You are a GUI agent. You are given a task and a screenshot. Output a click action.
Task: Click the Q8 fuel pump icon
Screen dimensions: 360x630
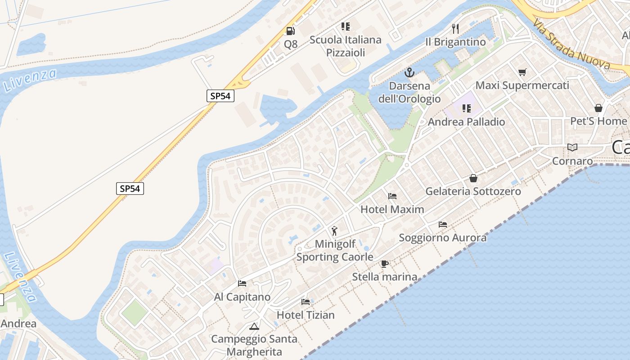tap(290, 31)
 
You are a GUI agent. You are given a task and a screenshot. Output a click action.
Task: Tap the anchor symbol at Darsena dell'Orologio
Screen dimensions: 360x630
tap(409, 72)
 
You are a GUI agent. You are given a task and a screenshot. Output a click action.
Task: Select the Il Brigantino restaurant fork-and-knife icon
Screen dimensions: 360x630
tap(455, 29)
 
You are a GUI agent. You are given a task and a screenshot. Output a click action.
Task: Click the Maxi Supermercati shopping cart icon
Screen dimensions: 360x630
tap(522, 72)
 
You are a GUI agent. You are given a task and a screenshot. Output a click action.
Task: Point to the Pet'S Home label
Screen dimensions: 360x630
tap(598, 121)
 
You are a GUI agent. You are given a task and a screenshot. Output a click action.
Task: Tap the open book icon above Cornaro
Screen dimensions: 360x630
tap(572, 147)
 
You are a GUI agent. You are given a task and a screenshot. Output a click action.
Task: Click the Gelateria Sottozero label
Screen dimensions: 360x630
tap(473, 191)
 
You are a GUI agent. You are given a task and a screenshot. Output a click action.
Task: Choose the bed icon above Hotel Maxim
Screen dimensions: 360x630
tap(392, 196)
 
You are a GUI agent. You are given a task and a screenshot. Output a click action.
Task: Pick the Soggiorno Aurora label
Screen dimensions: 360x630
tap(442, 238)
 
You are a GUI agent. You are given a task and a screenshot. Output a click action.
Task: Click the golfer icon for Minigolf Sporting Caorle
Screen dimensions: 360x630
tap(334, 231)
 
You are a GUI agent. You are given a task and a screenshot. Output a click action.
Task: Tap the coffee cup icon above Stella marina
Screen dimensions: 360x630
tap(384, 263)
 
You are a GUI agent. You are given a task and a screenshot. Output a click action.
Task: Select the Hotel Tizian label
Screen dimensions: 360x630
tap(306, 315)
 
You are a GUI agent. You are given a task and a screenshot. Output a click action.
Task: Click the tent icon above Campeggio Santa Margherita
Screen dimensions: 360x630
tap(254, 326)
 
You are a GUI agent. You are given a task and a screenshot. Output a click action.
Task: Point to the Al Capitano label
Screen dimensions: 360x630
tap(242, 297)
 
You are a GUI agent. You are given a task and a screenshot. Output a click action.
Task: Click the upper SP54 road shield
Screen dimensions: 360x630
tap(220, 96)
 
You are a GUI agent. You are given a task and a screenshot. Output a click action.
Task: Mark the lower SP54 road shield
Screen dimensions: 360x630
tap(130, 189)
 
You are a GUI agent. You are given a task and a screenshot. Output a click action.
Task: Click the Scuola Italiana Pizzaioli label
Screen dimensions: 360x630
tap(345, 46)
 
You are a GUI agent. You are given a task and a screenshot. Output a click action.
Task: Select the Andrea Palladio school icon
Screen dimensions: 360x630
tap(466, 108)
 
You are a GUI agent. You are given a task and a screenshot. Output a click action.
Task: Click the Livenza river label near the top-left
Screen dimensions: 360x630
tap(30, 80)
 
